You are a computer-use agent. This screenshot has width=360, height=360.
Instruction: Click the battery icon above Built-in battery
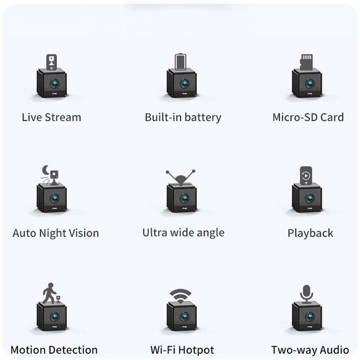click(x=181, y=61)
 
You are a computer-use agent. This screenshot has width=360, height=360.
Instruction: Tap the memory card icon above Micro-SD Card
click(x=307, y=62)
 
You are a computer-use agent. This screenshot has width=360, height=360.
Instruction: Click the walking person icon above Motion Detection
click(x=49, y=293)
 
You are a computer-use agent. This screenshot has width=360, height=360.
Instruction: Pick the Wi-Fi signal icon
click(x=181, y=295)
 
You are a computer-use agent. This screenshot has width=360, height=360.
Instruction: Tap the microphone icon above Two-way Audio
click(x=307, y=294)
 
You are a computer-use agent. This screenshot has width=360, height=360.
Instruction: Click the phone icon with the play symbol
click(x=306, y=175)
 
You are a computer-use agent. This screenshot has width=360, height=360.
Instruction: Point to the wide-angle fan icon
click(x=181, y=177)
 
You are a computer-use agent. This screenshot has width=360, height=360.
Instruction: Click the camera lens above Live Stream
click(x=55, y=83)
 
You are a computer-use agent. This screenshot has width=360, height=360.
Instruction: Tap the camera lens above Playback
click(x=310, y=198)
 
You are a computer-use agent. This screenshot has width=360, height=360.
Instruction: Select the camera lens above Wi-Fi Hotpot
click(x=184, y=317)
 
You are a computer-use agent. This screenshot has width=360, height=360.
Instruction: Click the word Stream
click(x=63, y=118)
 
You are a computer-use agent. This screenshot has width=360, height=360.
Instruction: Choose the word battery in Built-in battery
click(x=202, y=118)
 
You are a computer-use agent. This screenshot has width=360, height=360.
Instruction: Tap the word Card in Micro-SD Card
click(x=332, y=118)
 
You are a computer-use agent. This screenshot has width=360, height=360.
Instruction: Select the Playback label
click(x=310, y=233)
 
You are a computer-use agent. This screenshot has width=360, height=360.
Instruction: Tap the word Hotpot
click(x=196, y=350)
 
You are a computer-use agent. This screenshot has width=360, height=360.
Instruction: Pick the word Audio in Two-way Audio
click(x=335, y=350)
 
